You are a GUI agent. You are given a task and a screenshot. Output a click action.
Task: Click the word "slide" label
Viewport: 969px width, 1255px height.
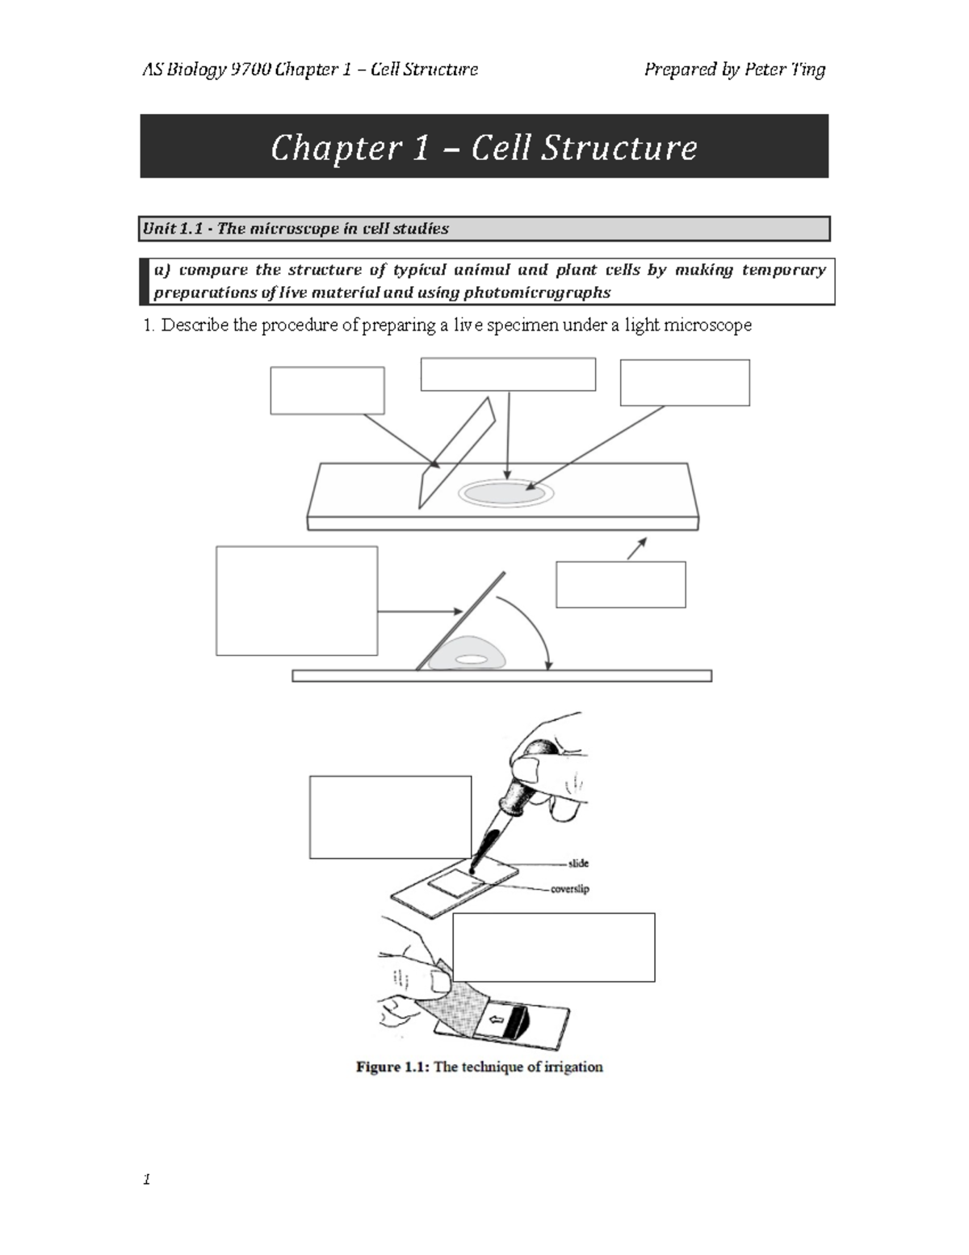click(x=578, y=863)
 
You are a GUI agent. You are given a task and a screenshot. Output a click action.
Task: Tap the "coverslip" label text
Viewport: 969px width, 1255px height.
click(x=569, y=889)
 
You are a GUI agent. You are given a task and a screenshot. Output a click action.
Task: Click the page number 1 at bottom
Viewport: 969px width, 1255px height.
click(x=147, y=1179)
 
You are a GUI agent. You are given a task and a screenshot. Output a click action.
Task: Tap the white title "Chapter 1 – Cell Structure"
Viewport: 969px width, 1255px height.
click(x=484, y=147)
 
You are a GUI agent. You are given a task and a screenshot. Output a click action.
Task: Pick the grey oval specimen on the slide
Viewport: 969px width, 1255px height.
click(x=505, y=494)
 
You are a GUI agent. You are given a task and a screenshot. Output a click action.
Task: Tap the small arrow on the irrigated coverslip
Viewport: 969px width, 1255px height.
click(x=497, y=1020)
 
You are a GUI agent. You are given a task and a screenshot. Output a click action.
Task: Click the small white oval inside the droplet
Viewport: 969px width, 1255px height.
click(x=472, y=659)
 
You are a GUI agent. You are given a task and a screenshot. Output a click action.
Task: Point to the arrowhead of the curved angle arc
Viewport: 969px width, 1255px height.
click(x=548, y=665)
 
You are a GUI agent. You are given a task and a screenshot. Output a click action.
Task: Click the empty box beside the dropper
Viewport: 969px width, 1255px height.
click(x=390, y=817)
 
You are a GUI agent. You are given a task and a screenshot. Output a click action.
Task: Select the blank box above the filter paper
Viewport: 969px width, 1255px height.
click(x=553, y=947)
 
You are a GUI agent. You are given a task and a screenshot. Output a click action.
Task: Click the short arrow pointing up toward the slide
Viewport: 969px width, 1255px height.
click(x=636, y=549)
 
